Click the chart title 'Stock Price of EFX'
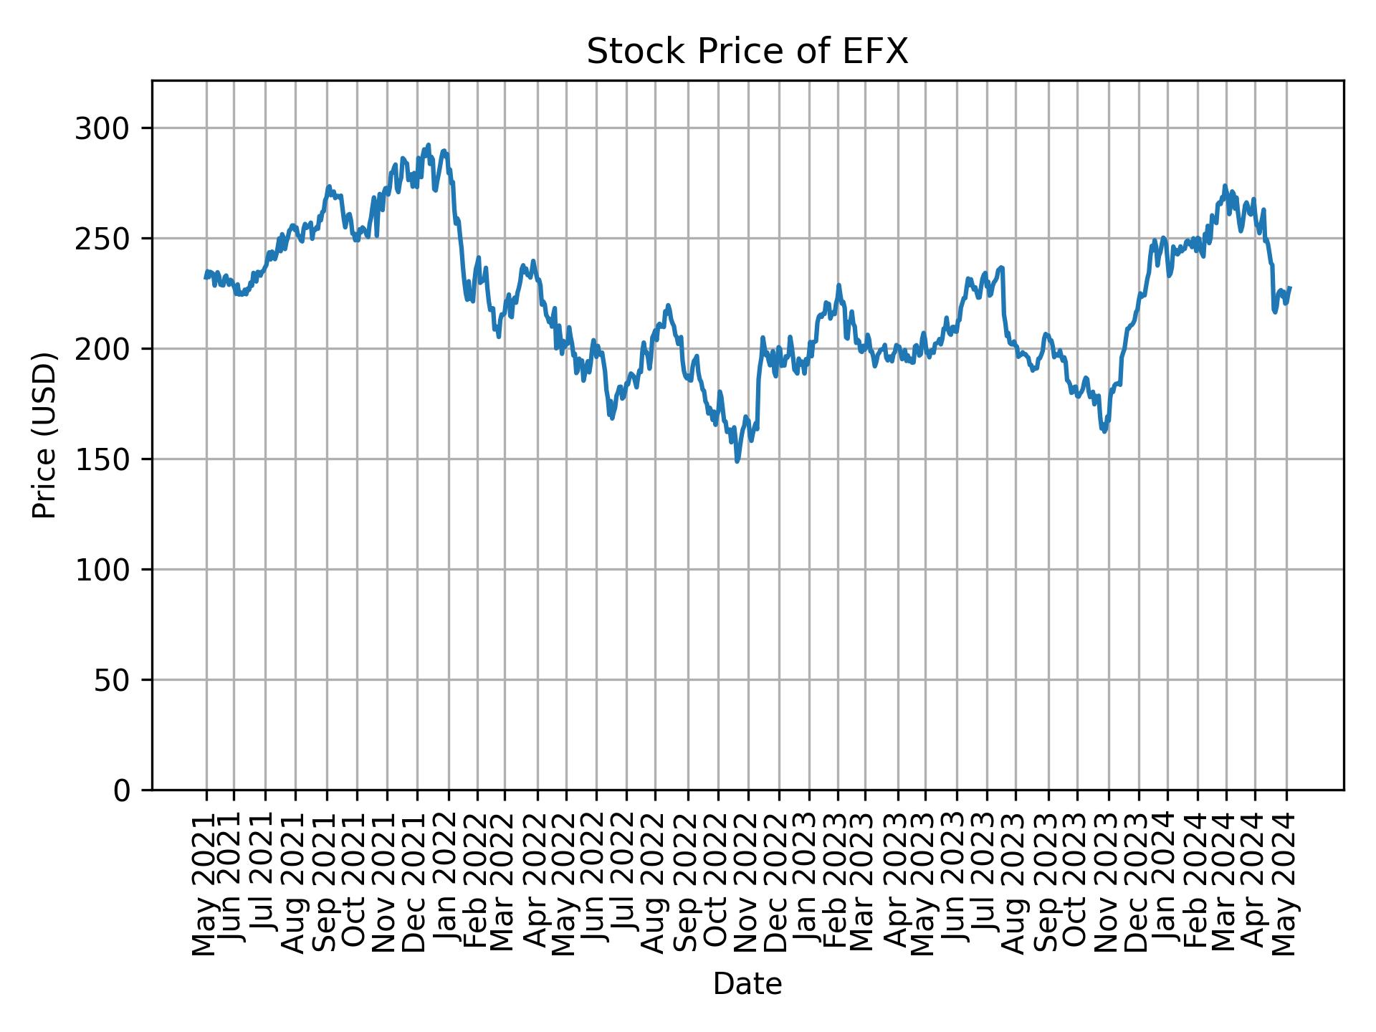click(x=747, y=52)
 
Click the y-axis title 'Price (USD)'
click(x=44, y=435)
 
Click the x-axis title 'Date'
click(x=747, y=985)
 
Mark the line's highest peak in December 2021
click(x=429, y=145)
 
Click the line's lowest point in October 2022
click(x=737, y=461)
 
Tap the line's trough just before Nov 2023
click(x=1104, y=431)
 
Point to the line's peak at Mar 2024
click(x=1225, y=186)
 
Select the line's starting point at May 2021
click(x=206, y=277)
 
